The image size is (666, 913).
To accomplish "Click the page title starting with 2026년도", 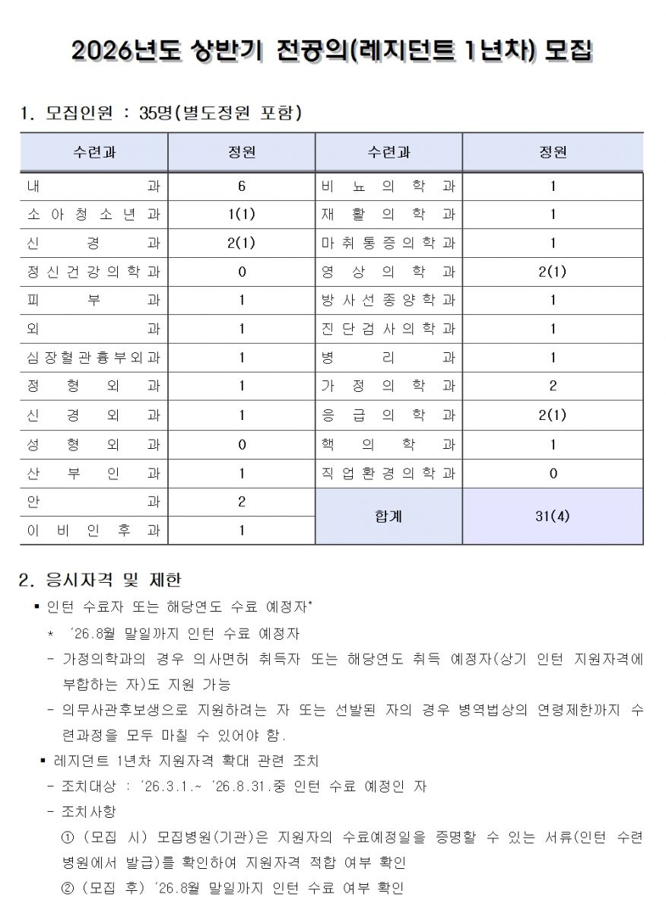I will (x=332, y=51).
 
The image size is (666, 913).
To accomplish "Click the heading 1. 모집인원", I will (x=160, y=114).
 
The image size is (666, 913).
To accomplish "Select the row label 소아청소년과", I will (x=94, y=215).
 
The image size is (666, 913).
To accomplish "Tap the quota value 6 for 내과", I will (x=241, y=186).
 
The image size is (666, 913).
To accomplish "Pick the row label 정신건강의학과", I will (x=94, y=272).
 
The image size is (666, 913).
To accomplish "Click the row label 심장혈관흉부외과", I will (x=94, y=358).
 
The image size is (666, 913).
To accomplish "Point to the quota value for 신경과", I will (x=241, y=243).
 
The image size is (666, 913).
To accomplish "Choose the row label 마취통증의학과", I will (x=388, y=243).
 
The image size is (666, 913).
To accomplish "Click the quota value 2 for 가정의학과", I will (x=553, y=387).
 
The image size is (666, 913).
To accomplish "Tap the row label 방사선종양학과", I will (x=388, y=301).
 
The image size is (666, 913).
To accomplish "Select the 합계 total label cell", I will (x=388, y=517).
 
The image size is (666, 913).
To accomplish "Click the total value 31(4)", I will (x=553, y=517).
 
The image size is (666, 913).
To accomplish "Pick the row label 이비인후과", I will (x=94, y=531).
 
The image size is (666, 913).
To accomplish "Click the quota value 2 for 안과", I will (x=241, y=502).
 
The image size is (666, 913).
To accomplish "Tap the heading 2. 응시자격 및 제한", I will (x=100, y=581).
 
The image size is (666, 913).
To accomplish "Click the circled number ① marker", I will (x=68, y=838).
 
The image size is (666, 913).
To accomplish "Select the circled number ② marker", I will (x=68, y=888).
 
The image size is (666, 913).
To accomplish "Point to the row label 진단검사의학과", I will (x=388, y=329).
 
